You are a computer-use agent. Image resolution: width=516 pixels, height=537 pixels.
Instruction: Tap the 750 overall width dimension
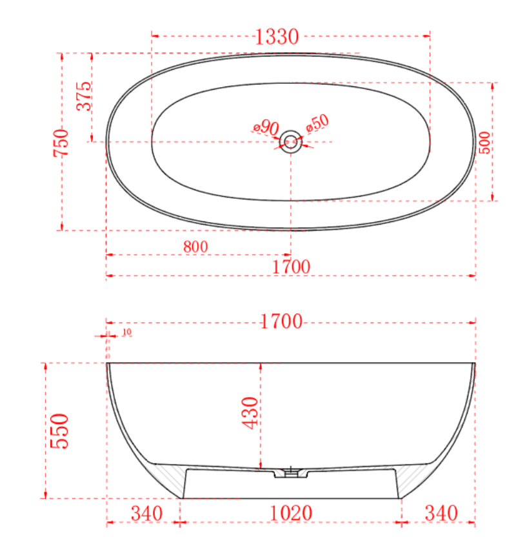[61, 143]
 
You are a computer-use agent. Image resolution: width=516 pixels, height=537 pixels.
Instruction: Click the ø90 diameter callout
[265, 127]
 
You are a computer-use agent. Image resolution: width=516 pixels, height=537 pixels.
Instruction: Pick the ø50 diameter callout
[318, 123]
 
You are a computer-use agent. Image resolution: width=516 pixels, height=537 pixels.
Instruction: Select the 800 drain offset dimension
[195, 247]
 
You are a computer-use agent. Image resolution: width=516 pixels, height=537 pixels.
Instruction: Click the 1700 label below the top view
[290, 266]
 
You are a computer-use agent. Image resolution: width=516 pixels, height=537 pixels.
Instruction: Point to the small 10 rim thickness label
[126, 332]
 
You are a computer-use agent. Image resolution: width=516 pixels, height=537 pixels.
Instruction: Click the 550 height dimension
[59, 431]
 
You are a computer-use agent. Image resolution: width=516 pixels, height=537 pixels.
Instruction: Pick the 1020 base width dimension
[292, 514]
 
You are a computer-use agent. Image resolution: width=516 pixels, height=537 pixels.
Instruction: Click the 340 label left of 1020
[147, 514]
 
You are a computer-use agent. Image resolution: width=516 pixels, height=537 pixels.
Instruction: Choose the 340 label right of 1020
[441, 514]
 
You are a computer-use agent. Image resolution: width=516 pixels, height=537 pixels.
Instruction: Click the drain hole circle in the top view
[291, 141]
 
